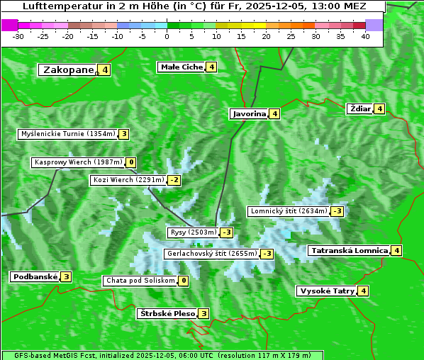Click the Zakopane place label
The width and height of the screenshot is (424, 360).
click(69, 69)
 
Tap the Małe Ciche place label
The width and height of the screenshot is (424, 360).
click(182, 67)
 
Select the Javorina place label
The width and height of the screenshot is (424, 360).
click(249, 113)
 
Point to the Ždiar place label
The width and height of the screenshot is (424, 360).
click(359, 108)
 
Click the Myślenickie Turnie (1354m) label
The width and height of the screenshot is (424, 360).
click(67, 134)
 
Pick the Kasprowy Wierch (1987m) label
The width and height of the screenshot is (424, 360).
click(78, 162)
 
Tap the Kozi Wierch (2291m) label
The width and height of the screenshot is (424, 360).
click(128, 180)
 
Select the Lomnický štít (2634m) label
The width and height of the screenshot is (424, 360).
click(289, 211)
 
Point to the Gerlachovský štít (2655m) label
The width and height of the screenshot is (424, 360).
click(211, 254)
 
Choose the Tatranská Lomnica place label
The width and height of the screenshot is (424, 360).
click(349, 250)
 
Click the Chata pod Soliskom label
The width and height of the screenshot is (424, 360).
click(139, 281)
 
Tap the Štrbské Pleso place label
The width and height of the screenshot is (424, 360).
click(167, 313)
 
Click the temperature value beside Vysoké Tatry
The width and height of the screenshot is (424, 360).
click(363, 291)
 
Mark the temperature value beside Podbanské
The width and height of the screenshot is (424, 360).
click(66, 276)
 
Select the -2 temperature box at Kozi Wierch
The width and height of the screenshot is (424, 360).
click(174, 180)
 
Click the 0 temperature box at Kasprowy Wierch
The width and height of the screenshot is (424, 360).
click(132, 162)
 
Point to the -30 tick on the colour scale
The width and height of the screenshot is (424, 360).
click(18, 36)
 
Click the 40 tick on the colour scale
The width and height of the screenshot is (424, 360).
click(365, 36)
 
